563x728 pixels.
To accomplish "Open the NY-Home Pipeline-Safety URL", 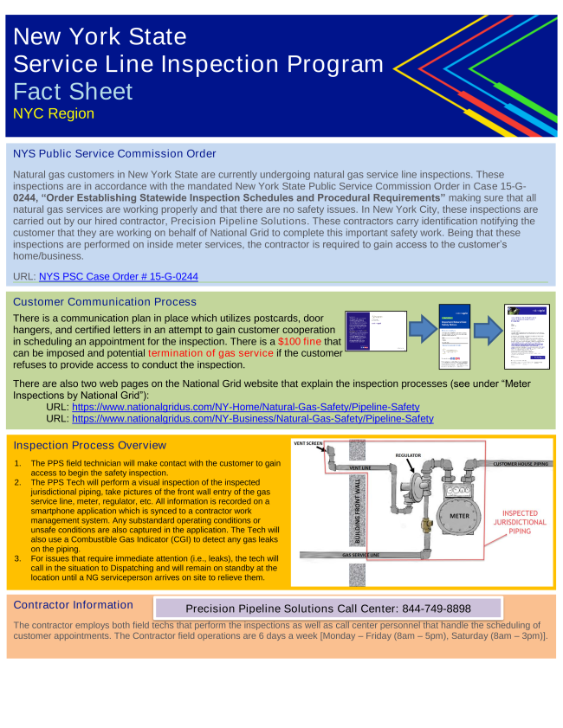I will tap(246, 406).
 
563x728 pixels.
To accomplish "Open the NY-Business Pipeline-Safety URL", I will tap(252, 418).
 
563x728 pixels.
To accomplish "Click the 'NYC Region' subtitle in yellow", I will tap(54, 114).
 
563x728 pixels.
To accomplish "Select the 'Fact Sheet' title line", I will tap(74, 92).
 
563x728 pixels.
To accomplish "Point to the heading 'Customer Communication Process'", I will tap(105, 302).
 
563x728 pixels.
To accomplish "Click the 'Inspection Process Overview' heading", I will tap(90, 445).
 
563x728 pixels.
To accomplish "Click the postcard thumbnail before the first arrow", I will tap(375, 332).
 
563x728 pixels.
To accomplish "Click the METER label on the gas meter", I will tap(460, 516).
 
